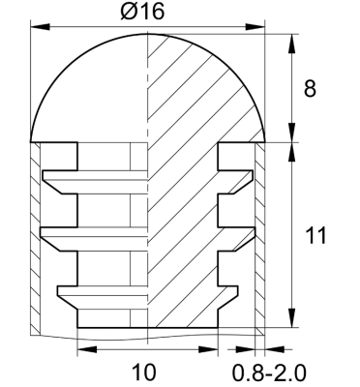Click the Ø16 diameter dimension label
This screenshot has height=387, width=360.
point(145,14)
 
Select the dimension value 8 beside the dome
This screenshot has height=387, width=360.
point(310,89)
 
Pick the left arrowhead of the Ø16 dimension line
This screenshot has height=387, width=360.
point(36,31)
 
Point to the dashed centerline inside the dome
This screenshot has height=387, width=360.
point(148,97)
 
